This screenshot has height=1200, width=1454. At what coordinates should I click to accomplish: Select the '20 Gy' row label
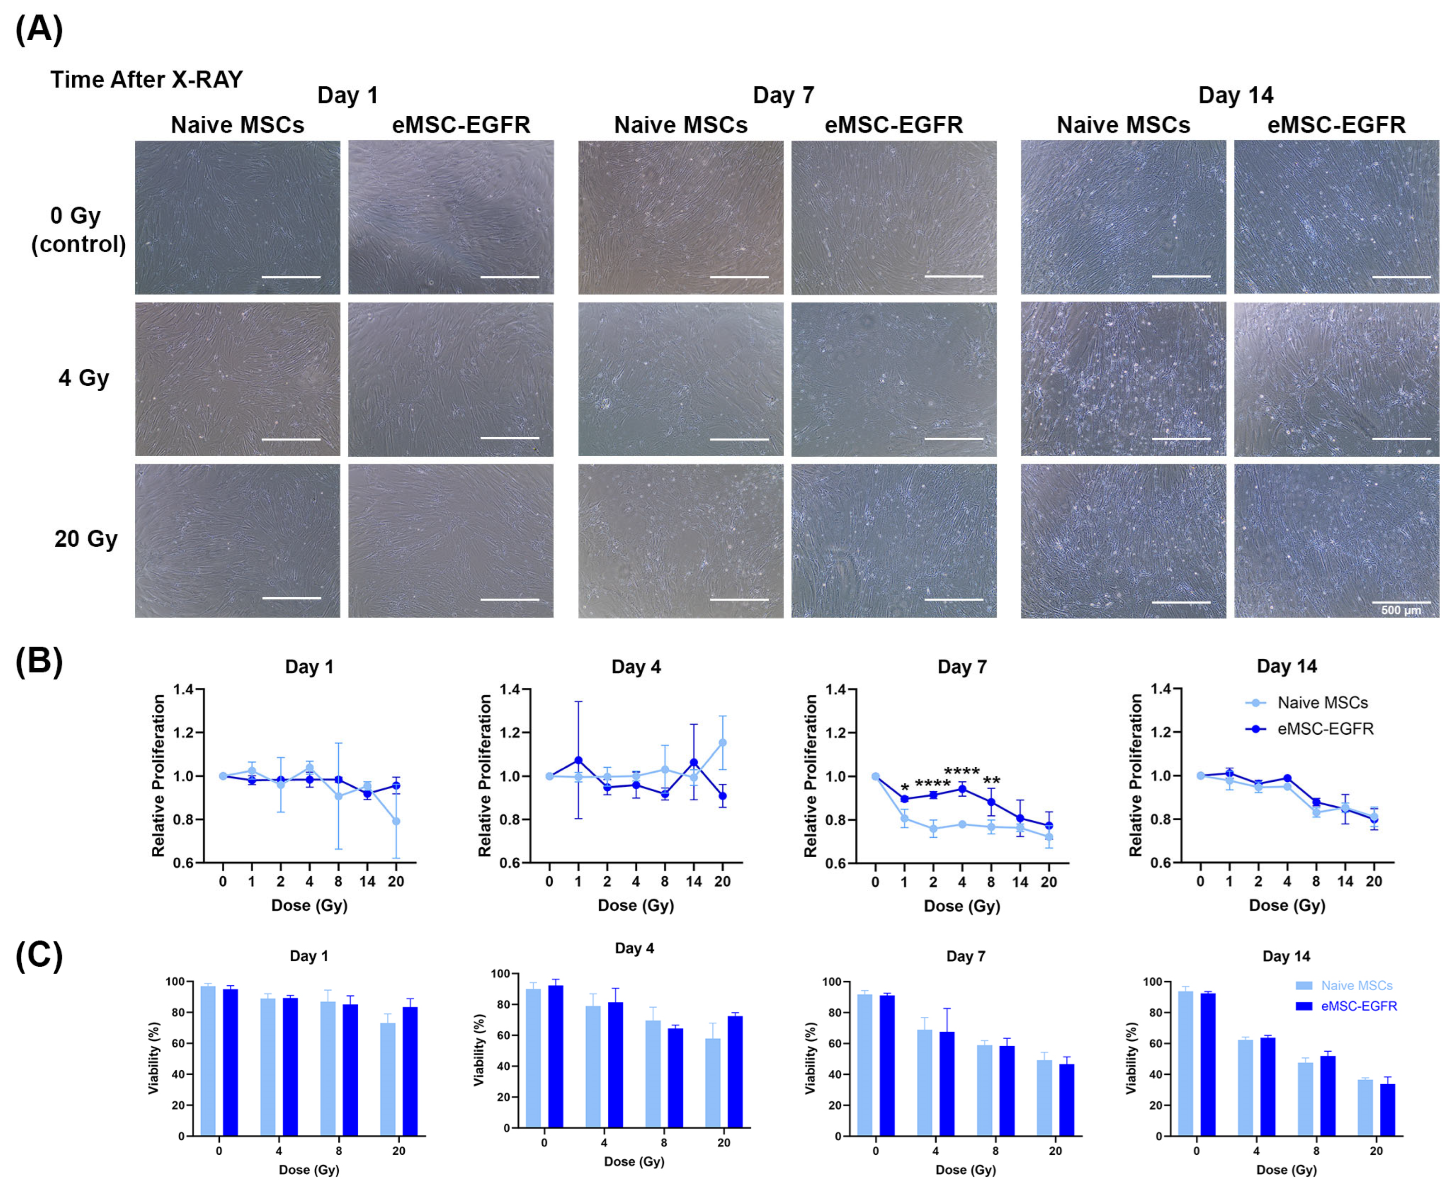(86, 539)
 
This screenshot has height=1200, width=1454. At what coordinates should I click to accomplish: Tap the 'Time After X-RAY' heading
(146, 80)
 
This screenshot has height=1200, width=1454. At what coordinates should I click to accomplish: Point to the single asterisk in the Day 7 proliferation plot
(905, 787)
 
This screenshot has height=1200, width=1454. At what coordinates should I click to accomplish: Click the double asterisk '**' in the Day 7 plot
(991, 782)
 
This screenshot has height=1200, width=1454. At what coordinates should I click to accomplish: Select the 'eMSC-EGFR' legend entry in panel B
(1325, 728)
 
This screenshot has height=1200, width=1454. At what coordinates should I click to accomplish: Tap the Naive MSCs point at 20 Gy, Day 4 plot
(723, 742)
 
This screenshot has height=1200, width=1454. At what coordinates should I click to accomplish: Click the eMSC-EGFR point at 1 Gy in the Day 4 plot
(578, 761)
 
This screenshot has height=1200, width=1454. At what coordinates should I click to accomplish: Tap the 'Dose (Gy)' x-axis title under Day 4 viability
(634, 1161)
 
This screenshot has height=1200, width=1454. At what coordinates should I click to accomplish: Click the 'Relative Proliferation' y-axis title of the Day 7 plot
(810, 775)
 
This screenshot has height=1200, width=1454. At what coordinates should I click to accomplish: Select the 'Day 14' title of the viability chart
(1286, 956)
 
